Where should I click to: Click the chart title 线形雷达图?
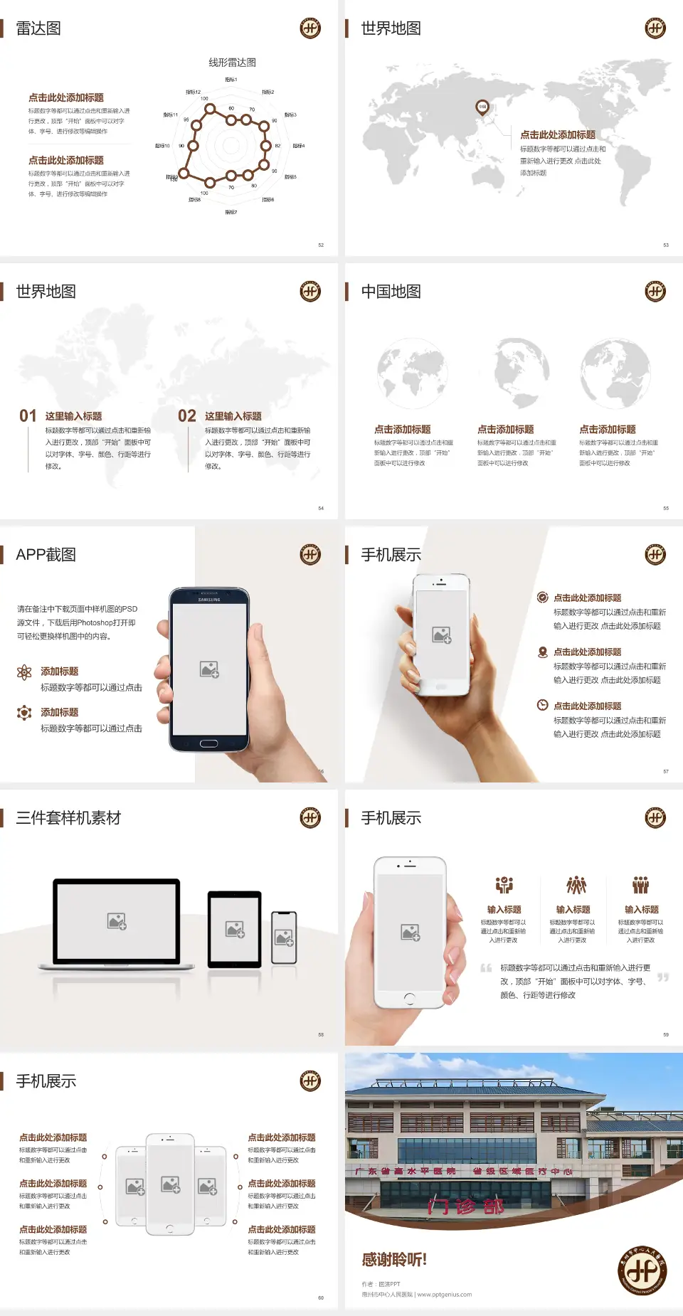point(232,63)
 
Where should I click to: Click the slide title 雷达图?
point(38,28)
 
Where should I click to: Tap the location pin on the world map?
point(482,107)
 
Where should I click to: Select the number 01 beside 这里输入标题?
point(28,416)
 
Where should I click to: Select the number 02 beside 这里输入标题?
point(187,416)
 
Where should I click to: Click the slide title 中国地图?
point(391,292)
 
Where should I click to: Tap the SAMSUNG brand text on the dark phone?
point(209,600)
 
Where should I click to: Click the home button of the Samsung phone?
point(208,743)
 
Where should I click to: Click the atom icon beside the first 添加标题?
point(24,672)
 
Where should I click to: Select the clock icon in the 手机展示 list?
point(542,705)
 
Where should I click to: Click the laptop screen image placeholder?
point(117,921)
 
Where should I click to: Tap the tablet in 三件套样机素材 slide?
point(235,928)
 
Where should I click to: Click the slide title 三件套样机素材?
point(68,818)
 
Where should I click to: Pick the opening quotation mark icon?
point(486,968)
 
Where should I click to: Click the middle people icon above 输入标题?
point(576,885)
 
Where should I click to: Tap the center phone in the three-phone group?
point(170,1184)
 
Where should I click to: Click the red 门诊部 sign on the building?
point(465,1206)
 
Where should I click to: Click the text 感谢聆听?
point(394,1260)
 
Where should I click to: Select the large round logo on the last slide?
point(642,1270)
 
